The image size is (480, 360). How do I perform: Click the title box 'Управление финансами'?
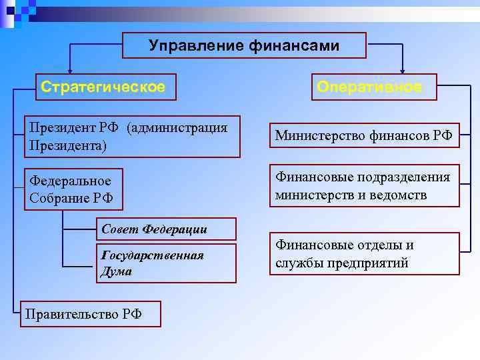pos(244,45)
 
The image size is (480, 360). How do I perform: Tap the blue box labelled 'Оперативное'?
pos(369,87)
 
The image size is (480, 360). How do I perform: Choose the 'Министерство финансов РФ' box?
pos(364,137)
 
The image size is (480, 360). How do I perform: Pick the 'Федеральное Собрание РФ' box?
pos(73,189)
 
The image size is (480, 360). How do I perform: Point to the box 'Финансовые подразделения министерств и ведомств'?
pos(364,186)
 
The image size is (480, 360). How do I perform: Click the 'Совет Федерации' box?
pos(166,229)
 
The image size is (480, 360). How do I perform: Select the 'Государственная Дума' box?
pos(166,263)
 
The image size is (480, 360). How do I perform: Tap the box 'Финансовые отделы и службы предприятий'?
pos(364,254)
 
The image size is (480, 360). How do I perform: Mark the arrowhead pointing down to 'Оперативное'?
pos(402,69)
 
